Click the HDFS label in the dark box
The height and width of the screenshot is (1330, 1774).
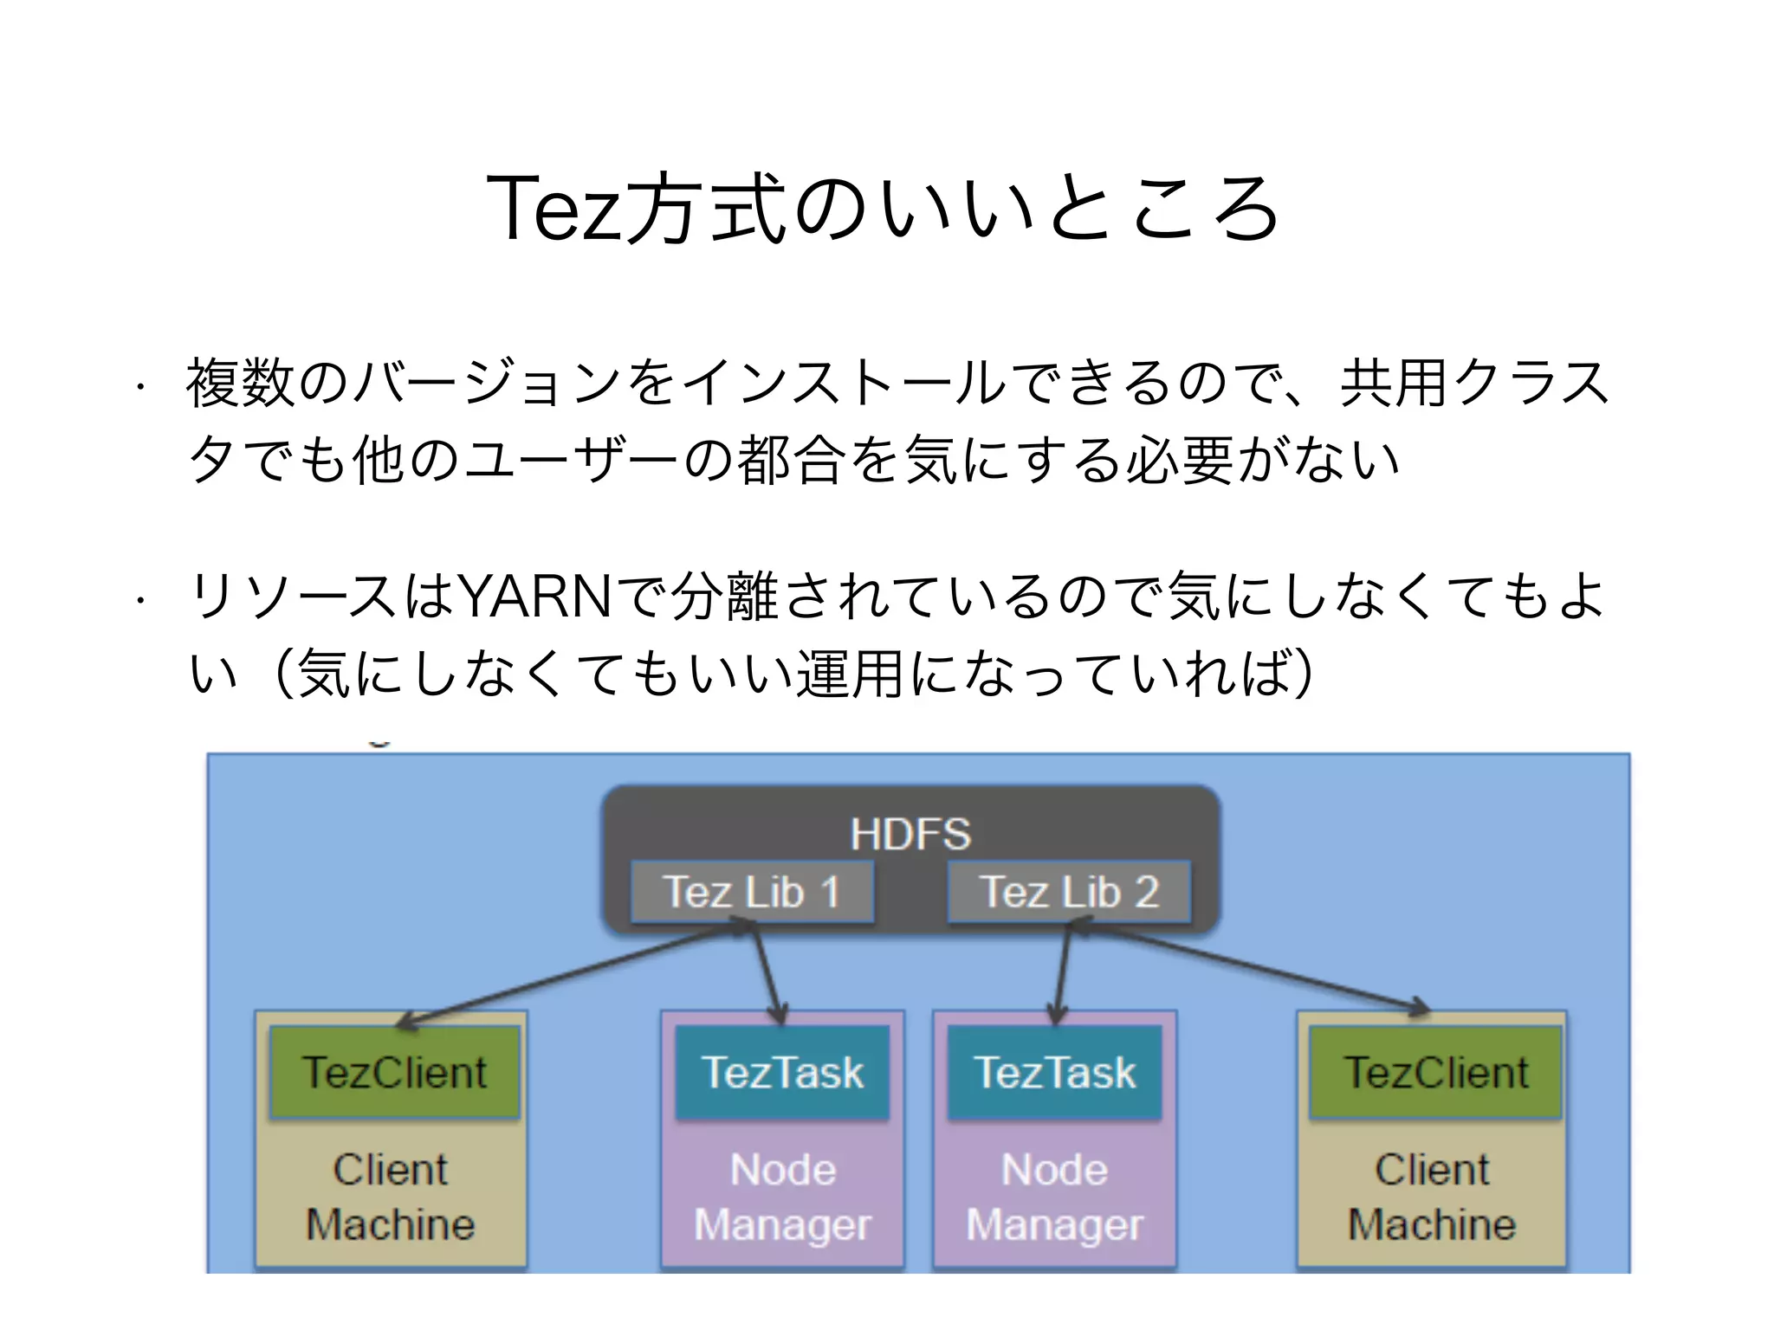point(910,835)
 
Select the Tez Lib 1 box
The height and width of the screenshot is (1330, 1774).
point(752,892)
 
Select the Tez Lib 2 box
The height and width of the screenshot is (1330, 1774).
point(1069,892)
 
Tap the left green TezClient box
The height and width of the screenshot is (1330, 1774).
point(394,1072)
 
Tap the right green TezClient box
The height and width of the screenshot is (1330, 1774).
point(1435,1072)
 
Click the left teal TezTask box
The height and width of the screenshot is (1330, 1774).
point(782,1072)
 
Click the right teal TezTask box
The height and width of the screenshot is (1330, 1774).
point(1054,1072)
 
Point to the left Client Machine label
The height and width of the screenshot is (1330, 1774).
point(391,1197)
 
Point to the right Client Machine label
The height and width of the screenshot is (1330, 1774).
point(1432,1197)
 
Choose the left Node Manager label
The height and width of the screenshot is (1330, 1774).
point(782,1197)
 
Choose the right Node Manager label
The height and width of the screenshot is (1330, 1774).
point(1054,1197)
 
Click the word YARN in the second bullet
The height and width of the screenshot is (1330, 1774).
point(534,597)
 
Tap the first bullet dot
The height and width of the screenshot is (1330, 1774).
point(139,387)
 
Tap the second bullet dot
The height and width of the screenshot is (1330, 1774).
point(139,599)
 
